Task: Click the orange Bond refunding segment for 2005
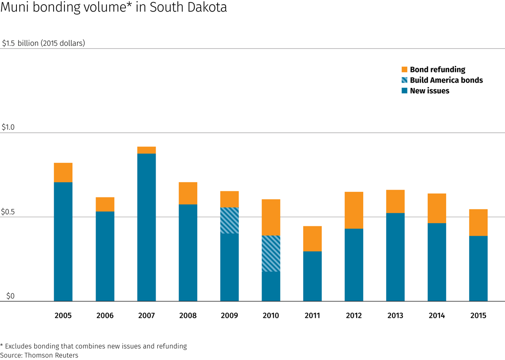pos(63,173)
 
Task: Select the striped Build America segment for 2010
pos(271,254)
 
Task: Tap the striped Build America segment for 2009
pos(230,221)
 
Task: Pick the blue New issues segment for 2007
pos(147,227)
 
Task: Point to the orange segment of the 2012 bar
pos(354,210)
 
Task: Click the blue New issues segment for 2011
pos(313,276)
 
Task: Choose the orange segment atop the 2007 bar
pos(147,150)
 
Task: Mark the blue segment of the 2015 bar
pos(479,268)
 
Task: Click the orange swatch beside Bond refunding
pos(405,70)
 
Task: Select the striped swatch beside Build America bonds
pos(405,80)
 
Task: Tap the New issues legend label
pos(429,91)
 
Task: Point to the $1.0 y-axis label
pos(8,127)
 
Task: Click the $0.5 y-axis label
pos(8,212)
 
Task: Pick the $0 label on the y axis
pos(10,296)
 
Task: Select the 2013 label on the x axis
pos(395,315)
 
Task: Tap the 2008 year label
pos(188,315)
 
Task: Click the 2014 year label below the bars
pos(437,315)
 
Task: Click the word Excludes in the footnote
pos(21,346)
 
